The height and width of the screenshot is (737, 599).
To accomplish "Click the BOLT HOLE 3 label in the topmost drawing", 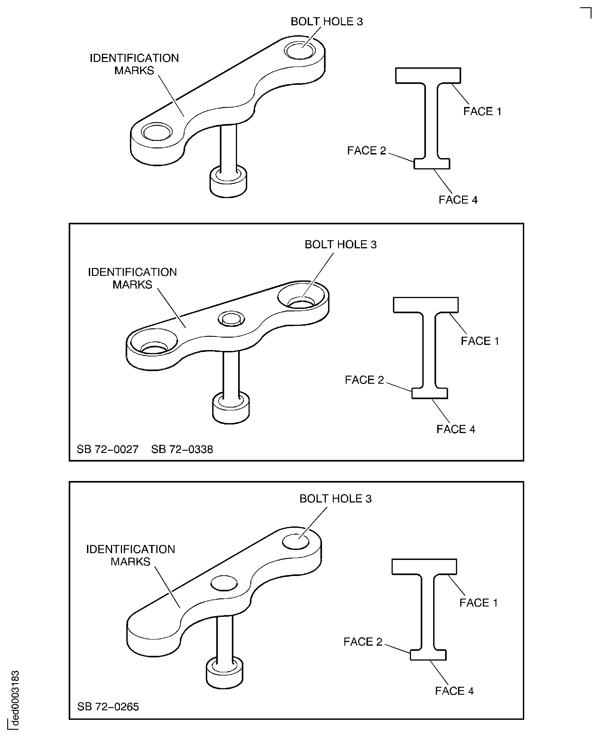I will click(x=327, y=22).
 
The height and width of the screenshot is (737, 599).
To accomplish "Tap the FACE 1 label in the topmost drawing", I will click(x=482, y=111).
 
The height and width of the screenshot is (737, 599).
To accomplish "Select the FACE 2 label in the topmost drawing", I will click(x=366, y=151).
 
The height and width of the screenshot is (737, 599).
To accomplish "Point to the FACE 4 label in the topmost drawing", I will click(x=458, y=200).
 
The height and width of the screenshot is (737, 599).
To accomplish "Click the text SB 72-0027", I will click(x=107, y=449).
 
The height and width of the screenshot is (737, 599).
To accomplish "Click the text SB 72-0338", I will click(x=182, y=449).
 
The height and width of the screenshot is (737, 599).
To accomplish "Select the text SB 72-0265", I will click(x=108, y=707).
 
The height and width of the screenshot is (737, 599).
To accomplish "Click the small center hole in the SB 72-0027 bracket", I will click(x=231, y=318).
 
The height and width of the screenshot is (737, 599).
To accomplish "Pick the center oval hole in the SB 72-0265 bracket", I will click(x=224, y=583).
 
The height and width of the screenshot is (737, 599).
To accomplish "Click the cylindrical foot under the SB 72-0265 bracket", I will click(x=224, y=672).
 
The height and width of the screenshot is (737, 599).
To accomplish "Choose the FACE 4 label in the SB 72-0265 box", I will click(x=454, y=691).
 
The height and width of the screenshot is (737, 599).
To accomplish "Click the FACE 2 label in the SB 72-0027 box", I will click(x=364, y=380).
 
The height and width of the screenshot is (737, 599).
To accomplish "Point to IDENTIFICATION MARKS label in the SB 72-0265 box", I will click(x=130, y=555).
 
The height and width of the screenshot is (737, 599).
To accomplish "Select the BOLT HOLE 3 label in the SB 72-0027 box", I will click(x=340, y=244).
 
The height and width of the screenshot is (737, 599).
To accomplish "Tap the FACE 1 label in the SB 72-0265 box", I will click(x=478, y=603).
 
